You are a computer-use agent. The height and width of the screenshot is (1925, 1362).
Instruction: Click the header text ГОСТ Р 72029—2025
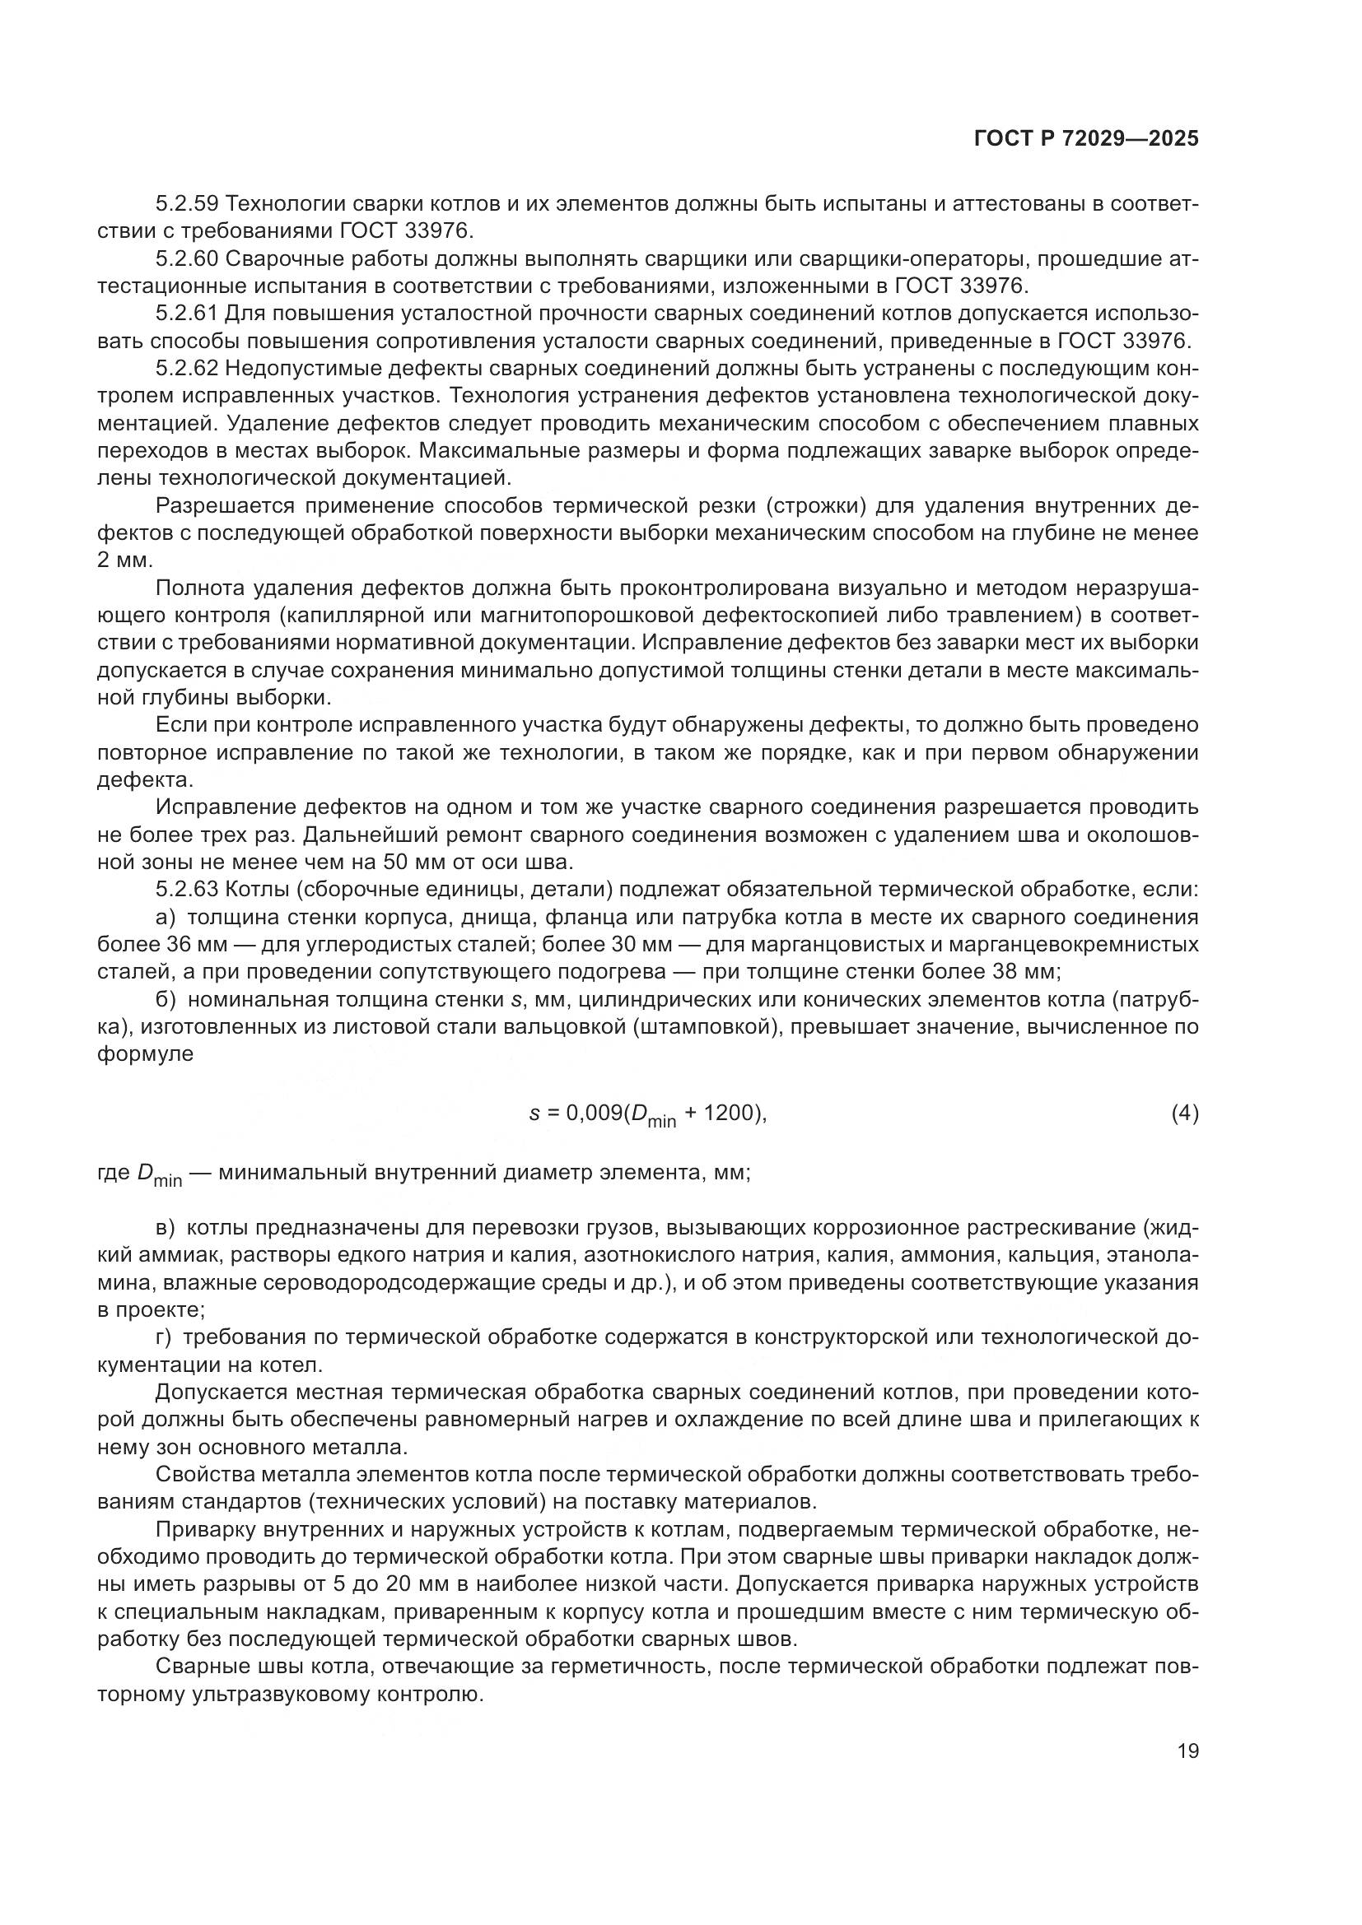(1086, 139)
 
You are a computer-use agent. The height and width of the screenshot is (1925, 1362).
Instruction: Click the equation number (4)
(1184, 1114)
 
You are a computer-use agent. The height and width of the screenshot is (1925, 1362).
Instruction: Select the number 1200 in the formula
(725, 1114)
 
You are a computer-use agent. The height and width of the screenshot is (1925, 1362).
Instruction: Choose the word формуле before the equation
(145, 1054)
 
